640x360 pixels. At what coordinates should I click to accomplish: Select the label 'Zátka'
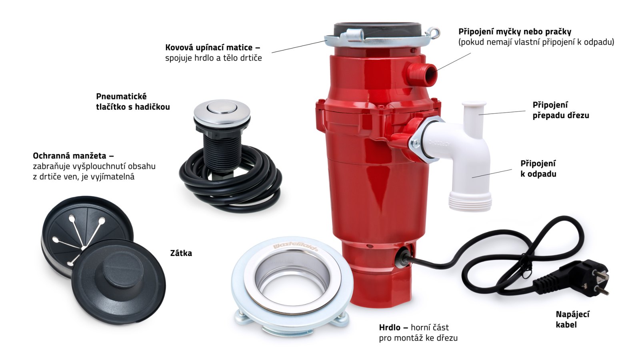(181, 253)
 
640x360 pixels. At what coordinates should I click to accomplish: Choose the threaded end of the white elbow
(470, 201)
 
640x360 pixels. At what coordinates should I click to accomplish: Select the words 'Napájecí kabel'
(572, 320)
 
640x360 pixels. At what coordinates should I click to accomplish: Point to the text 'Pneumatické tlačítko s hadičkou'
(133, 102)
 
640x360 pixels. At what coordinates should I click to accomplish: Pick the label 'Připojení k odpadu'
(538, 168)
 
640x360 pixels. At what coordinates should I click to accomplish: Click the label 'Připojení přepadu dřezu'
(560, 110)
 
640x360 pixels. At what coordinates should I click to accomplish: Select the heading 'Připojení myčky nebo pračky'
(514, 32)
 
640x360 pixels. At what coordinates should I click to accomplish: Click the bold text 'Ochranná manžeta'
(70, 156)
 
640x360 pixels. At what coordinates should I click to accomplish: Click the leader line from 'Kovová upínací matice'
(299, 46)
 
